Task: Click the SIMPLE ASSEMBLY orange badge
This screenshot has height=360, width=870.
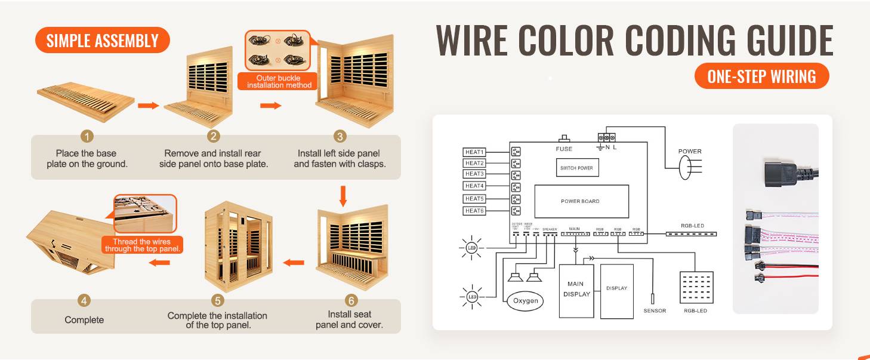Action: point(103,41)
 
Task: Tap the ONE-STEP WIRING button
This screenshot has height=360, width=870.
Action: point(761,76)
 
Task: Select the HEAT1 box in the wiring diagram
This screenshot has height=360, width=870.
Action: point(475,152)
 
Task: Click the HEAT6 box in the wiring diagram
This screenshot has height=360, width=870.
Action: point(475,211)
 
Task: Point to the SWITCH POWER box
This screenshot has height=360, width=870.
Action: point(576,168)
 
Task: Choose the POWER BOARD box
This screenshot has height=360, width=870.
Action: point(581,201)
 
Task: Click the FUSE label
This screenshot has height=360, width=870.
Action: point(563,149)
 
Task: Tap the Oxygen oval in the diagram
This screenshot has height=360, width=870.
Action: point(525,301)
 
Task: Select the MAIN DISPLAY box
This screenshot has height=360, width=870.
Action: point(576,290)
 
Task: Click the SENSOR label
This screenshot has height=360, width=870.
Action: point(655,311)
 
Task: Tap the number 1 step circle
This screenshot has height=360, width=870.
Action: point(87,137)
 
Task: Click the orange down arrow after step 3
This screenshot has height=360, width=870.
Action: point(343,196)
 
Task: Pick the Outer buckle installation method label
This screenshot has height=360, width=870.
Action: point(279,82)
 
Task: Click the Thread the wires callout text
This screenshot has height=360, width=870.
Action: point(143,245)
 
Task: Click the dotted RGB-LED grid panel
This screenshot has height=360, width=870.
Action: point(696,288)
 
